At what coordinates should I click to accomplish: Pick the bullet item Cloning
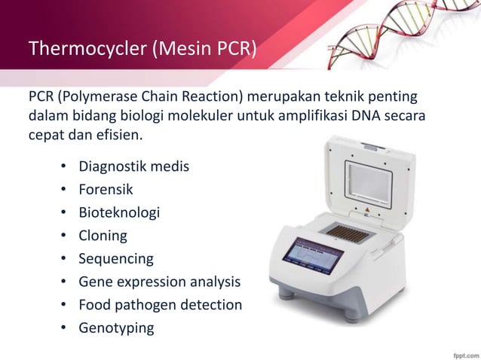point(103,236)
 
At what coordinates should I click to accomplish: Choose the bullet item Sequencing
point(116,259)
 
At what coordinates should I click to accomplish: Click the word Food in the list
point(96,305)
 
